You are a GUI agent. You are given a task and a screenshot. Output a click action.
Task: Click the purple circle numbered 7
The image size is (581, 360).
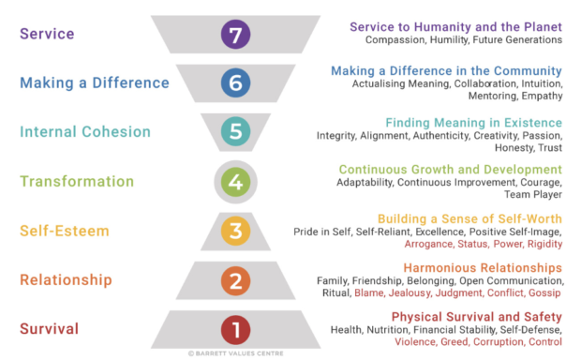point(235,36)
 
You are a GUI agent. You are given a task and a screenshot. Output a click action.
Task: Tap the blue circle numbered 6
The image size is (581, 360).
point(235,83)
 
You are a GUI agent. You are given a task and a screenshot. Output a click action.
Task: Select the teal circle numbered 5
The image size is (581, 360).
point(235,132)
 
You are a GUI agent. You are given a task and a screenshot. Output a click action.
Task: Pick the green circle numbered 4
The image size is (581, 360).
point(235,182)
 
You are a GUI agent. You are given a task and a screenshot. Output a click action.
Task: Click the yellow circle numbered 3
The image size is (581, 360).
point(235,231)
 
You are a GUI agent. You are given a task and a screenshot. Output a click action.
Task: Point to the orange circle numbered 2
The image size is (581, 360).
point(235,280)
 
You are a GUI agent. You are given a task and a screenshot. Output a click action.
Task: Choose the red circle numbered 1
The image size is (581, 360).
point(235,330)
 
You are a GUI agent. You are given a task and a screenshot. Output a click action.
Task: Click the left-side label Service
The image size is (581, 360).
point(47,35)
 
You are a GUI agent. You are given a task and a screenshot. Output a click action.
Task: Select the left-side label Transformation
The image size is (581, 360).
point(76,182)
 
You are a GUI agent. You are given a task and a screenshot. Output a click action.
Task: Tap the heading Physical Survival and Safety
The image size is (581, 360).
point(476,316)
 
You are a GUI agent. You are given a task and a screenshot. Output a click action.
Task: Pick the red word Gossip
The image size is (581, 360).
point(545,292)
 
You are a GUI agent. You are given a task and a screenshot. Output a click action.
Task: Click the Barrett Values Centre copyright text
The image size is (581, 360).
point(235,354)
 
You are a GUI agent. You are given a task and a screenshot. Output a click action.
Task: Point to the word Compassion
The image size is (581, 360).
point(400,40)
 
